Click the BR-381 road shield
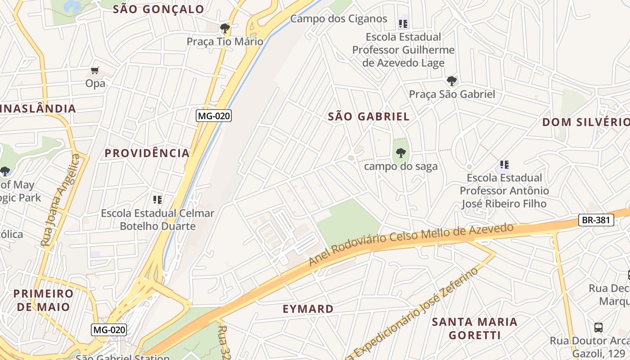(x=596, y=220)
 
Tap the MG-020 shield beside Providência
(x=214, y=116)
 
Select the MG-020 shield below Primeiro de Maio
(x=109, y=329)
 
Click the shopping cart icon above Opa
(x=94, y=70)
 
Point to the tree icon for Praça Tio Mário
(x=225, y=29)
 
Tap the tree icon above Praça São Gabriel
(x=451, y=81)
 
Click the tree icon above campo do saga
(x=400, y=153)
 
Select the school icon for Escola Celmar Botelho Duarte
(x=157, y=199)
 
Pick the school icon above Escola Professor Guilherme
(x=403, y=23)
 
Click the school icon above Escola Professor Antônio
(x=504, y=165)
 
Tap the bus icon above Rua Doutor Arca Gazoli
(x=598, y=327)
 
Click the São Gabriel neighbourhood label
(x=369, y=117)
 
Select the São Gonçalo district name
(x=158, y=9)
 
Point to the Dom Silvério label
(x=585, y=122)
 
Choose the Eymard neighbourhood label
(x=308, y=309)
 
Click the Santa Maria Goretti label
(x=474, y=328)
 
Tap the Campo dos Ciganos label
(x=338, y=18)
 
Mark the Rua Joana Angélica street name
(x=60, y=200)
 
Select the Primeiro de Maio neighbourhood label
(x=43, y=300)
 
